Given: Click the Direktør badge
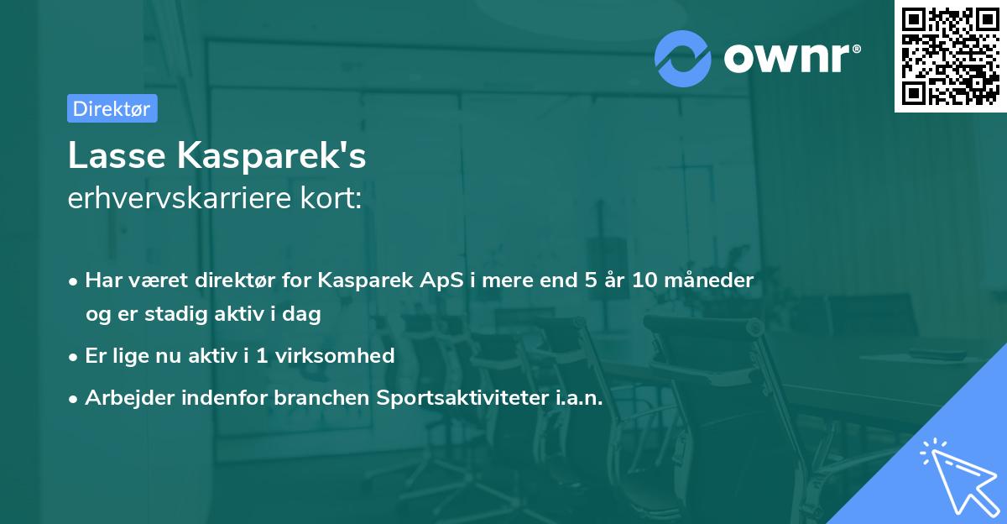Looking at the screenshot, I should coord(112,108).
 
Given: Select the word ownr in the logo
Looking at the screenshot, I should coord(790,57).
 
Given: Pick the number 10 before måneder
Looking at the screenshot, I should coord(646,280).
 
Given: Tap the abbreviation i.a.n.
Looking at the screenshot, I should coord(578,397).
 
